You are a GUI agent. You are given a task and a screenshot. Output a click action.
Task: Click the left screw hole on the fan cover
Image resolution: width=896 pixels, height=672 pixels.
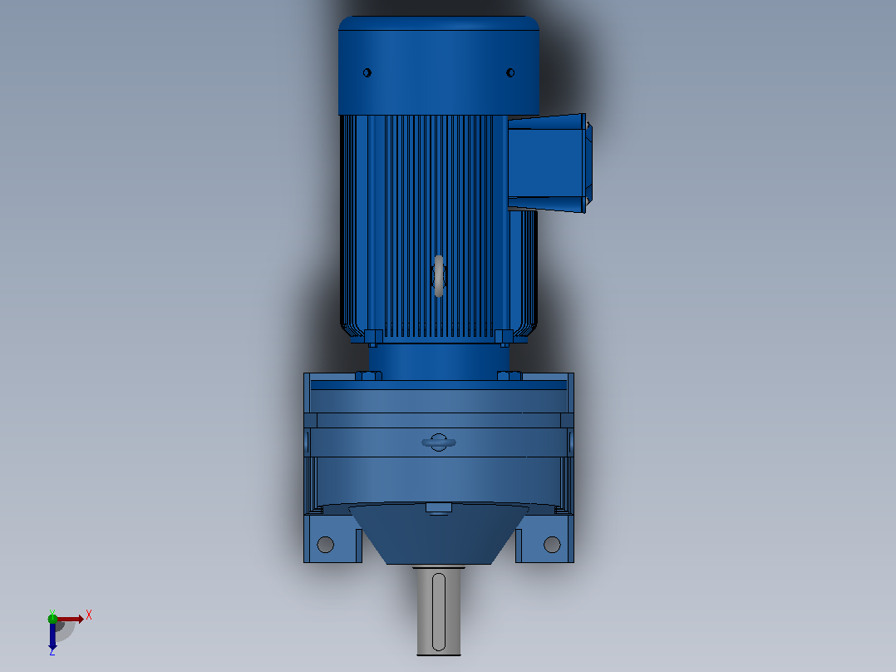367,72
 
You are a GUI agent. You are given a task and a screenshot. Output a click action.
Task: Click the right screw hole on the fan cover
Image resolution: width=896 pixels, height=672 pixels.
510,72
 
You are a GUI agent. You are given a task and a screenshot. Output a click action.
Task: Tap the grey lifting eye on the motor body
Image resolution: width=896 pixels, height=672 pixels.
439,275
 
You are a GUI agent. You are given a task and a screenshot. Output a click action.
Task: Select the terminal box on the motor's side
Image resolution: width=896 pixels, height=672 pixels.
549,163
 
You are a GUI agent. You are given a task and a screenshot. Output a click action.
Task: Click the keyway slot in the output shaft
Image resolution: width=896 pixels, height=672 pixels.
439,612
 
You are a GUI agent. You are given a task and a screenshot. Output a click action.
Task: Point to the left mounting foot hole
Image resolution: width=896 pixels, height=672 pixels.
325,545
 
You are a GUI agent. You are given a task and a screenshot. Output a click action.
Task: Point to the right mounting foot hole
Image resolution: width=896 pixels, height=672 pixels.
552,545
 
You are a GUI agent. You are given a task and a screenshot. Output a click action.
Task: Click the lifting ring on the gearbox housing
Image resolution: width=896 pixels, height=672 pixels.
439,442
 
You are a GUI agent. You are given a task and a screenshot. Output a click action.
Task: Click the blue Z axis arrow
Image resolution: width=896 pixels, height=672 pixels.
52,636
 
